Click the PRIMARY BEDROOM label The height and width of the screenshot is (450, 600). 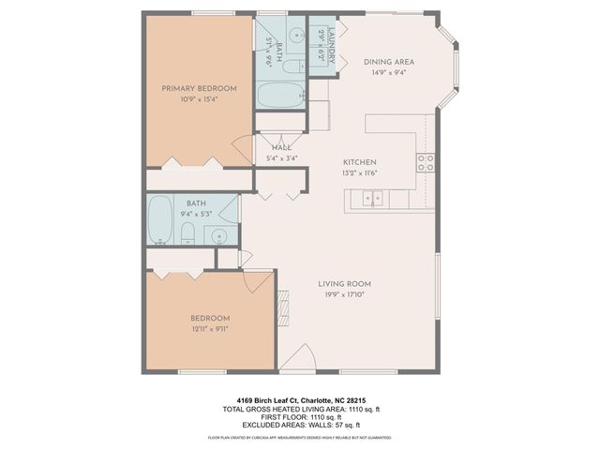(199, 88)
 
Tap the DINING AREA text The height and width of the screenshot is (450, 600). (388, 63)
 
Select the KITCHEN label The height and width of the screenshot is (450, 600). (359, 161)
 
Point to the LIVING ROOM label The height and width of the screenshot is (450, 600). (344, 284)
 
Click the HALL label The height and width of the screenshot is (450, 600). (281, 147)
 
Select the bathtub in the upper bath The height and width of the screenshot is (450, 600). (280, 96)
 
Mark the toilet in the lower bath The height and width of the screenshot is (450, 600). (187, 233)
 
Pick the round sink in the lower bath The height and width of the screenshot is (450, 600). (221, 235)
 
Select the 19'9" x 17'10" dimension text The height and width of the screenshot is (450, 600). (344, 295)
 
